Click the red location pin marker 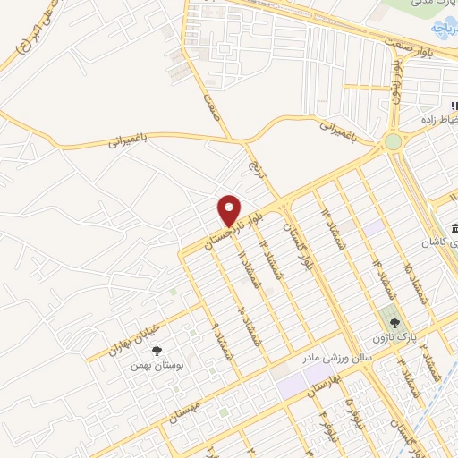[230, 210]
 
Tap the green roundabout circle [393, 141]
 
